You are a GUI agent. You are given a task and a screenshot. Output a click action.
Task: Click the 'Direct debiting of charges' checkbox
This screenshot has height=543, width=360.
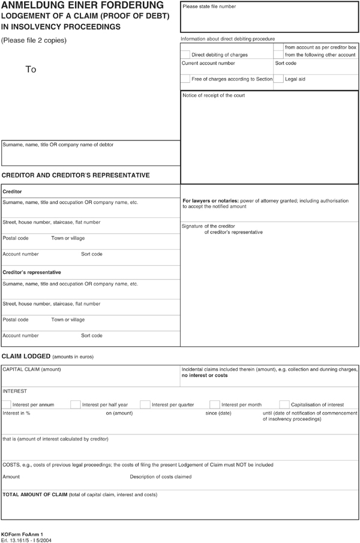pyautogui.click(x=185, y=55)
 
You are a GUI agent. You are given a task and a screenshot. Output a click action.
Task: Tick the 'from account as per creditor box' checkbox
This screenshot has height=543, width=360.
pyautogui.click(x=278, y=47)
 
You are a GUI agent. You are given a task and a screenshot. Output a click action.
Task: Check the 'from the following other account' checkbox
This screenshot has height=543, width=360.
pyautogui.click(x=278, y=55)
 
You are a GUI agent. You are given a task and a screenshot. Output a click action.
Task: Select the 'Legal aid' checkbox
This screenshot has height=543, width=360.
pyautogui.click(x=278, y=79)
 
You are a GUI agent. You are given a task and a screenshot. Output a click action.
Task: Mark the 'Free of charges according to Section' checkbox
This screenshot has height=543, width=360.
pyautogui.click(x=185, y=79)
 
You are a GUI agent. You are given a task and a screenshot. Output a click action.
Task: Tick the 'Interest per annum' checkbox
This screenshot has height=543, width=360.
pyautogui.click(x=7, y=404)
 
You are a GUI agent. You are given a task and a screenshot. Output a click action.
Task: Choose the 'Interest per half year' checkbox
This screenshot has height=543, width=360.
pyautogui.click(x=76, y=404)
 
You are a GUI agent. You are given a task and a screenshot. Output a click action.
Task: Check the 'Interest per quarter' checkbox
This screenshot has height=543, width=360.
pyautogui.click(x=146, y=404)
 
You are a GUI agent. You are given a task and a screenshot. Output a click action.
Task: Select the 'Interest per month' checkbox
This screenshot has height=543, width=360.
pyautogui.click(x=215, y=404)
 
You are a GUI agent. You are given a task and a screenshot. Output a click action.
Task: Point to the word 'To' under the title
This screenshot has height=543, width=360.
pyautogui.click(x=31, y=70)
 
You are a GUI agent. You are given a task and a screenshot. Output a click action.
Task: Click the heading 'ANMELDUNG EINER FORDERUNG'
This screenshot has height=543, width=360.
pyautogui.click(x=82, y=5)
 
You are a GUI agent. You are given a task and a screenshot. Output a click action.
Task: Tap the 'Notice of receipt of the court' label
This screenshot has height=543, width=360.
pyautogui.click(x=214, y=95)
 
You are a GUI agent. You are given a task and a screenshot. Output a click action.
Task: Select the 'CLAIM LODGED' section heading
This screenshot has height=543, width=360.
pyautogui.click(x=26, y=356)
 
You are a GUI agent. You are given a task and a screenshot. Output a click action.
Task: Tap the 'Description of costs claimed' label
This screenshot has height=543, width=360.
pyautogui.click(x=161, y=477)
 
